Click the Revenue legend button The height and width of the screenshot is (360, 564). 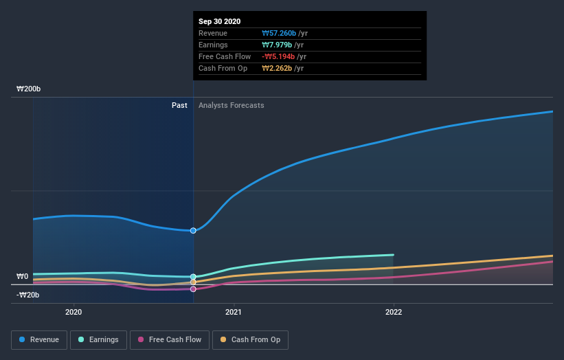coord(40,339)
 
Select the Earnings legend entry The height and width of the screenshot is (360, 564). coord(99,339)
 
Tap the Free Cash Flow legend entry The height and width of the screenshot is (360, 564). coord(170,339)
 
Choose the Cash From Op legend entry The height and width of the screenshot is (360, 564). coord(251,339)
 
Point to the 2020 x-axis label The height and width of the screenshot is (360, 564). coord(73,311)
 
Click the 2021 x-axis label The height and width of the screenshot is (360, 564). coord(234,311)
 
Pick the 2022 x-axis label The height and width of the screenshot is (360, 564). coord(394,311)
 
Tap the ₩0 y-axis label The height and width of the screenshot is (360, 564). coord(23,277)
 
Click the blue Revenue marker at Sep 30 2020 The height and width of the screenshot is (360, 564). coord(193,230)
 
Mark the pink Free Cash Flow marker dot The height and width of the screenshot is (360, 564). coord(193,289)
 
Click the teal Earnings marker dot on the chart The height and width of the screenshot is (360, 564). coord(193,277)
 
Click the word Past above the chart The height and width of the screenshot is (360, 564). coord(179,105)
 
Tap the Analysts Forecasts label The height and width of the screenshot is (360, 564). coord(231,105)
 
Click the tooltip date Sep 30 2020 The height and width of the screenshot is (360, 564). coord(219,22)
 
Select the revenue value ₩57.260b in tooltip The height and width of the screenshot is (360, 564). coord(279,33)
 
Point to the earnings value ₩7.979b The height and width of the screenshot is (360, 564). coord(277,45)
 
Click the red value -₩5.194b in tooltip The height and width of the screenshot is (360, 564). coord(278,56)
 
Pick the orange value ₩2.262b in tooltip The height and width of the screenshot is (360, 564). coord(277,68)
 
